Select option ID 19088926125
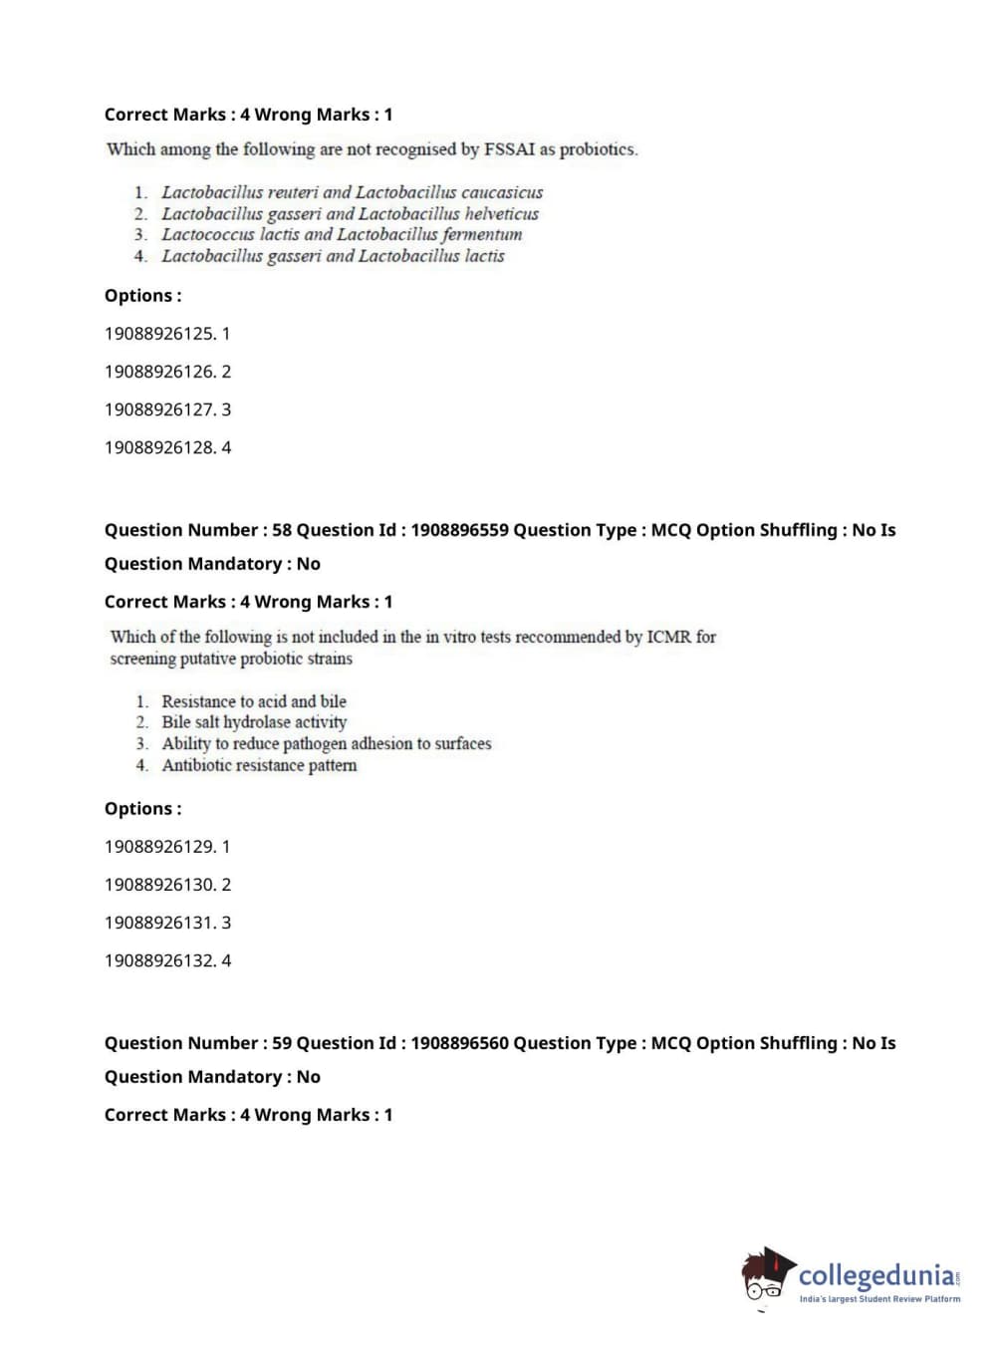tap(167, 334)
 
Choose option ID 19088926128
tap(167, 447)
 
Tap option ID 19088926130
tap(167, 885)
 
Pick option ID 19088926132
tap(167, 960)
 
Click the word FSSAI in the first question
tap(509, 149)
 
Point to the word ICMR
tap(668, 637)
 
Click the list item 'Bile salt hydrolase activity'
tap(254, 722)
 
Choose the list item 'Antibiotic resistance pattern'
tap(259, 765)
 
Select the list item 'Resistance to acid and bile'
tap(254, 701)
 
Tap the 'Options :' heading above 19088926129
tap(143, 809)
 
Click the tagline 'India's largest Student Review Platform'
tap(879, 1299)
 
